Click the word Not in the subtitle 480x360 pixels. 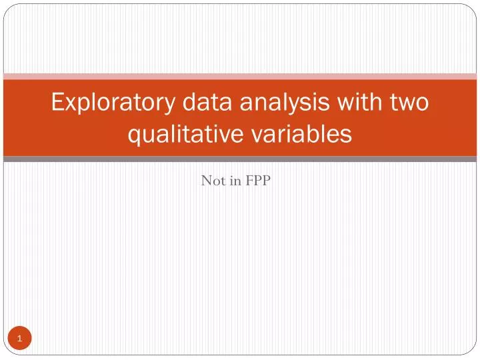(x=211, y=181)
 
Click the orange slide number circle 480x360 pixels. (x=20, y=340)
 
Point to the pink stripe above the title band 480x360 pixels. (x=240, y=77)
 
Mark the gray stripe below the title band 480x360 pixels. (x=240, y=159)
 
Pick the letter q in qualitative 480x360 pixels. (x=133, y=136)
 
